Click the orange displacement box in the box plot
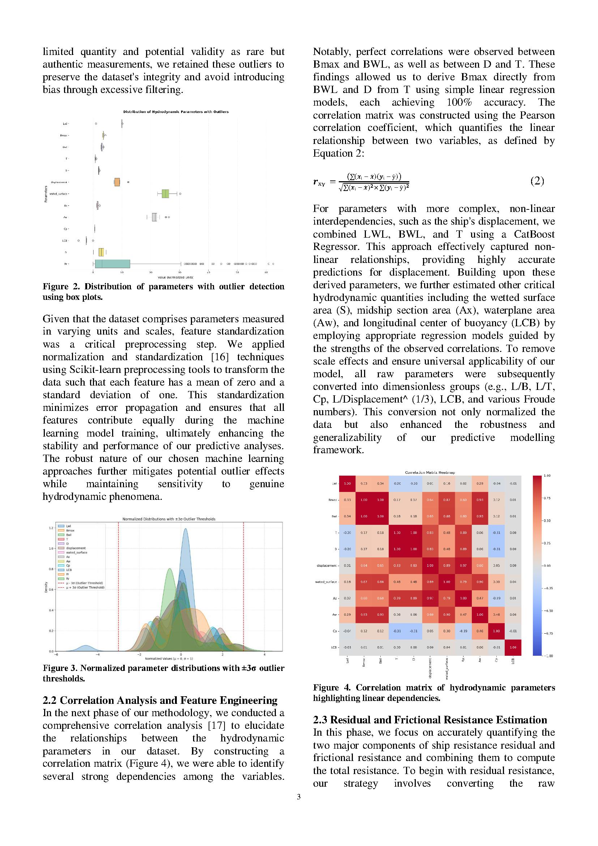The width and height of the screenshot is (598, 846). click(x=117, y=182)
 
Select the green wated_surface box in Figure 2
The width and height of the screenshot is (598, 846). click(x=165, y=194)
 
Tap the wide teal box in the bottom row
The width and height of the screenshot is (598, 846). click(x=112, y=264)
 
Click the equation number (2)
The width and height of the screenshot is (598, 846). click(x=537, y=181)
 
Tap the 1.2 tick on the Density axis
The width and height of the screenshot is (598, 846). click(x=51, y=528)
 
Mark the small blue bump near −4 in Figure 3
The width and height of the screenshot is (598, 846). click(x=85, y=647)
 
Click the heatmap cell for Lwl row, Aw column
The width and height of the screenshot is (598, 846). click(x=480, y=484)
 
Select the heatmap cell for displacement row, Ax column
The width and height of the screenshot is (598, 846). click(x=463, y=565)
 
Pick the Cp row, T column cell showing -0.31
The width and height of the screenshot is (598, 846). click(x=397, y=631)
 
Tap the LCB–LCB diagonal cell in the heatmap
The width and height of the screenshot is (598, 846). click(x=513, y=647)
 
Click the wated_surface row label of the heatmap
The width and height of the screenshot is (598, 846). click(x=326, y=582)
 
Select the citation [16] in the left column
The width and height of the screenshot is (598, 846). click(x=219, y=357)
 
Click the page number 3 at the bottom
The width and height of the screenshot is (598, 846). click(x=299, y=796)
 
